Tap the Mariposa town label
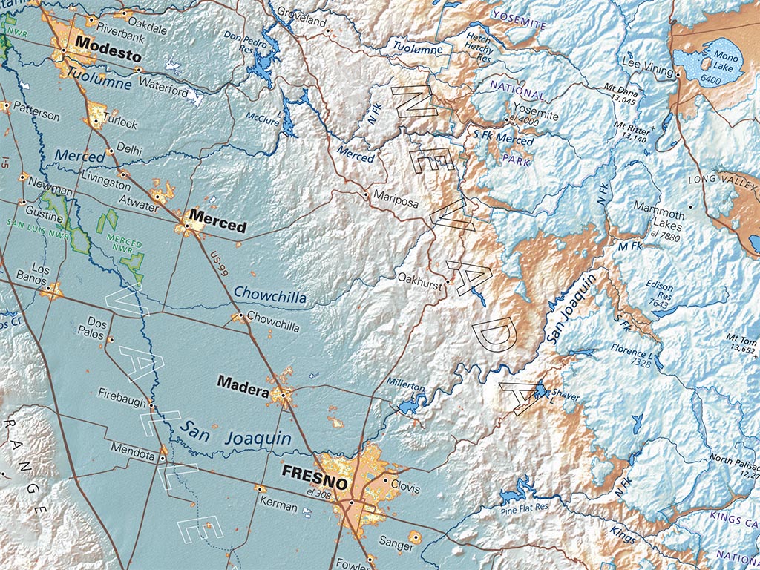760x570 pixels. [396, 201]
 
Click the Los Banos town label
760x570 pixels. [41, 275]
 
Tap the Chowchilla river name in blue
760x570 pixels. [269, 295]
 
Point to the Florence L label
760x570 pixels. [632, 353]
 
